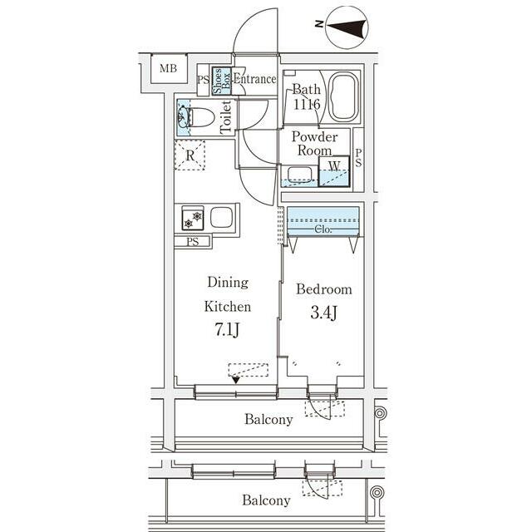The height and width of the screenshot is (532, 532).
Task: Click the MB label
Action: pos(168,68)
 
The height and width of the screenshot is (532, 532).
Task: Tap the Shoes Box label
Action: pos(222,81)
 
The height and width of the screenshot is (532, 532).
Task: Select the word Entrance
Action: pos(254,79)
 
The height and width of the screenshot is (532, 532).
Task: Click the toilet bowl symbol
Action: pos(201,117)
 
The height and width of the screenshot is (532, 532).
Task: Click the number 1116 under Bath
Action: pos(307,104)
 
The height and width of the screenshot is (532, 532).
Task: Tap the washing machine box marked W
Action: pos(334,171)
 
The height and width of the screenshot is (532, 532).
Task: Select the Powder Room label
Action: pos(314,144)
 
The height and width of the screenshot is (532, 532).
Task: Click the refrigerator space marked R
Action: pos(190,155)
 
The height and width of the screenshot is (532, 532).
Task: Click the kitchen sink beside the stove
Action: pos(221,217)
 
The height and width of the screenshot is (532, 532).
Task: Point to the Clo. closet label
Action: pos(323,229)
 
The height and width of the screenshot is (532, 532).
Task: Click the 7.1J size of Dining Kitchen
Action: pos(227,329)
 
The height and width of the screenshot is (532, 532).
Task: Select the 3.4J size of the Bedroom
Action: pos(323,313)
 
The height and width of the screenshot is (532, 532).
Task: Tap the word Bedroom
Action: pos(324,289)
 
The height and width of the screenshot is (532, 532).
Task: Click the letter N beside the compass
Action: pos(319,24)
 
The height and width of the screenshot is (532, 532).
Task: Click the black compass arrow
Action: pos(347,27)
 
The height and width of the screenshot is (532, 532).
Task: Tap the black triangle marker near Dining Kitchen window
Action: pos(235,381)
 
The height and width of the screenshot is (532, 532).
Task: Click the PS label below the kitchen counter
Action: pos(192,242)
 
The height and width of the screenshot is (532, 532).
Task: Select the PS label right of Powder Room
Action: pos(358,158)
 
